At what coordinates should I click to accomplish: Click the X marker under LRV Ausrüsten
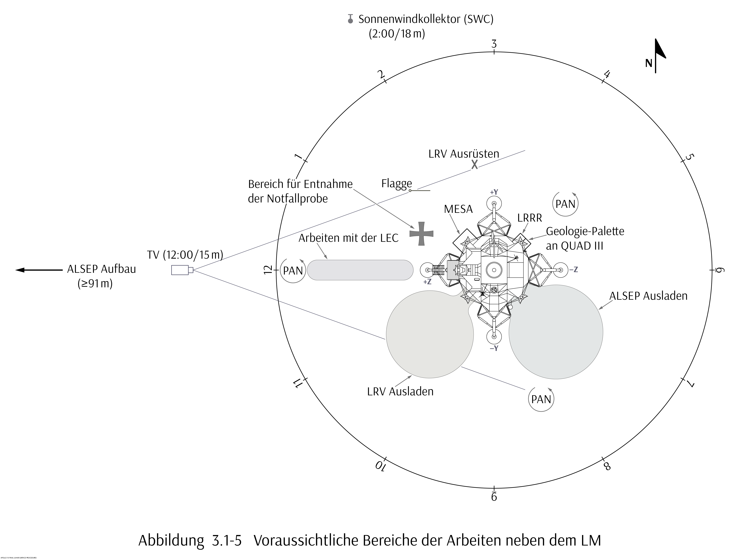click(474, 164)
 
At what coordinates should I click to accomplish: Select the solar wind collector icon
click(350, 19)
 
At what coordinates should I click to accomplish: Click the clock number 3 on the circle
click(494, 44)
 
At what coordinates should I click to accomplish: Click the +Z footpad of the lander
click(427, 270)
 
